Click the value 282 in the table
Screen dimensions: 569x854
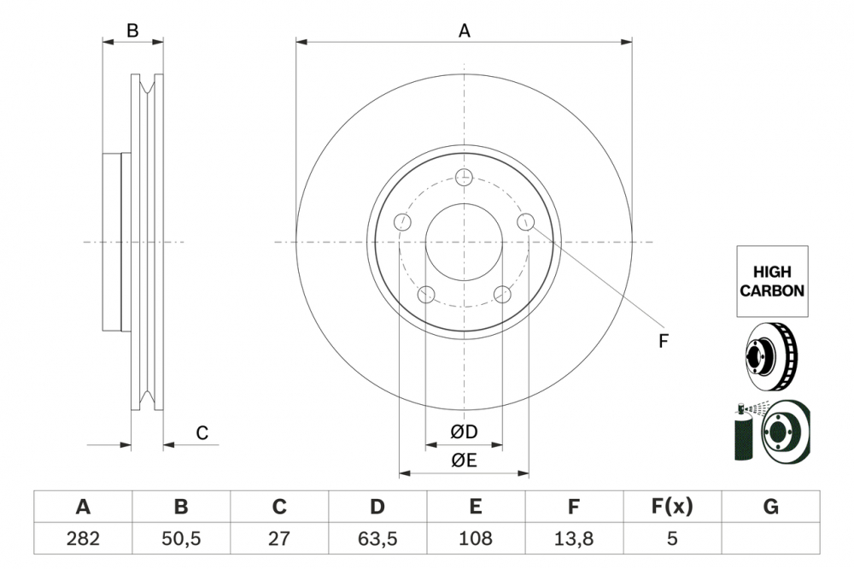[83, 539]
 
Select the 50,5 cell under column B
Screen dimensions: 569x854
[181, 539]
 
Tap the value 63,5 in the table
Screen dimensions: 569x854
[377, 539]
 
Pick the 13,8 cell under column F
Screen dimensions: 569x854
[574, 539]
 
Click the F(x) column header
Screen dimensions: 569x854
[672, 507]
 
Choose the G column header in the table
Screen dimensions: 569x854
[770, 507]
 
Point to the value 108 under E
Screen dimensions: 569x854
[475, 539]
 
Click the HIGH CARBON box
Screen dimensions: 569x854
[771, 281]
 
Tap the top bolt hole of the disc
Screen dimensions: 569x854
[464, 178]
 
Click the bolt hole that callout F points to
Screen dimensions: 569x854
[526, 222]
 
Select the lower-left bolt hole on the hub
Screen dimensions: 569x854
[426, 295]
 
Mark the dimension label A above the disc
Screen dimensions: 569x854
[464, 31]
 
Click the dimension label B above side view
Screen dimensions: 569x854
[132, 31]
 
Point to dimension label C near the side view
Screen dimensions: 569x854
[202, 433]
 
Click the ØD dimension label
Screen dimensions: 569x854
[464, 433]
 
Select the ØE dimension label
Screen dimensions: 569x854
[464, 460]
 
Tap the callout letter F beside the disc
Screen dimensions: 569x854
[663, 342]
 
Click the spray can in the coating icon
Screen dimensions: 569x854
[744, 431]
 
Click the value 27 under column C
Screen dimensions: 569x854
[279, 539]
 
